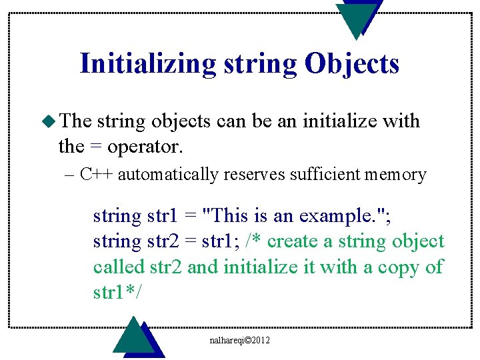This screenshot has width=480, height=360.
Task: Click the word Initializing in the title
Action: (x=147, y=64)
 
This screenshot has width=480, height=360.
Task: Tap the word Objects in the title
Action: (x=351, y=64)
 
